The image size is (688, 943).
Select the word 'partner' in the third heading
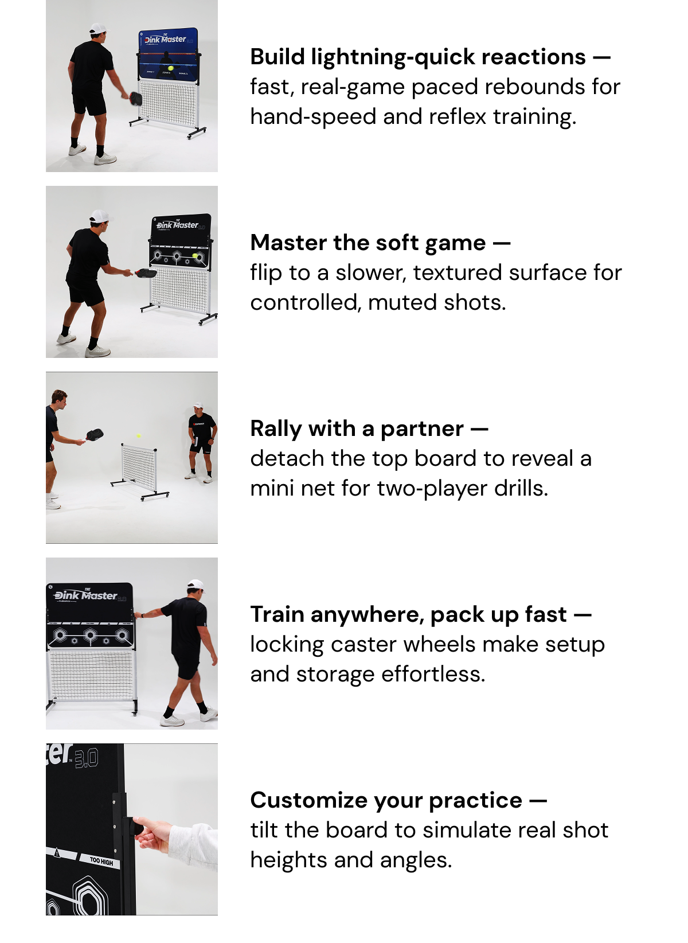point(422,428)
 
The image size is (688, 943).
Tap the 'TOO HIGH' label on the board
point(101,860)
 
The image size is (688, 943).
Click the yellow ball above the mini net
point(139,436)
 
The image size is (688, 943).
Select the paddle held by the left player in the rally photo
point(95,434)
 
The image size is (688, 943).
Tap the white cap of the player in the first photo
point(99,29)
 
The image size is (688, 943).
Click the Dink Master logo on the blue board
point(165,40)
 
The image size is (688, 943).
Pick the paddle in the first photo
point(136,98)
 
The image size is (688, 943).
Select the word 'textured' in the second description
point(461,273)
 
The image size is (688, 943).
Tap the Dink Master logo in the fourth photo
point(86,595)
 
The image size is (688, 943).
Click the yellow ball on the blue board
point(170,68)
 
